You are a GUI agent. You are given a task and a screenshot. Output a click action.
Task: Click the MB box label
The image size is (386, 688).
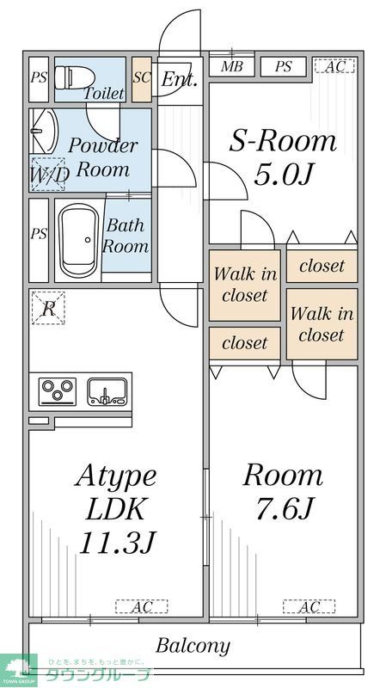(230, 66)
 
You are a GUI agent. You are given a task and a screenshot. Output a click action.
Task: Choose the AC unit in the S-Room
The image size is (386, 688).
(334, 66)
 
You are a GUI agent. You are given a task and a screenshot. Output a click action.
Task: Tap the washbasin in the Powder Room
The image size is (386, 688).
(41, 131)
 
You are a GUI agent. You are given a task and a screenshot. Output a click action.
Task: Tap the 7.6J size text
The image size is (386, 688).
(281, 509)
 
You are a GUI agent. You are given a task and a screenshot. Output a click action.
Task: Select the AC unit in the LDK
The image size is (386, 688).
(138, 607)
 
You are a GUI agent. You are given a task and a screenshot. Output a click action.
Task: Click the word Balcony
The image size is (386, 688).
(193, 645)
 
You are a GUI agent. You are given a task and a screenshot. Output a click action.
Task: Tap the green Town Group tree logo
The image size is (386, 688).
(19, 668)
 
